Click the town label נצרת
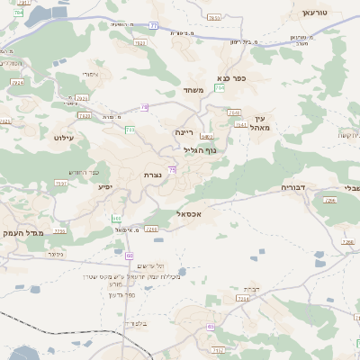pos(151,175)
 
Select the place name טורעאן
pos(318,13)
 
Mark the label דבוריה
pos(293,187)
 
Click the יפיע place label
pos(105,187)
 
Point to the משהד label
pos(193,90)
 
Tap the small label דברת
pos(252,288)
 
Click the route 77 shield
pos(153,26)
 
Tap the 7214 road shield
pos(242,298)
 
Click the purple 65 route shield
pos(211,327)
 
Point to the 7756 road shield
pos(59,231)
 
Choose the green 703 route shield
pos(130,130)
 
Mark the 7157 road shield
pos(219,348)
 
